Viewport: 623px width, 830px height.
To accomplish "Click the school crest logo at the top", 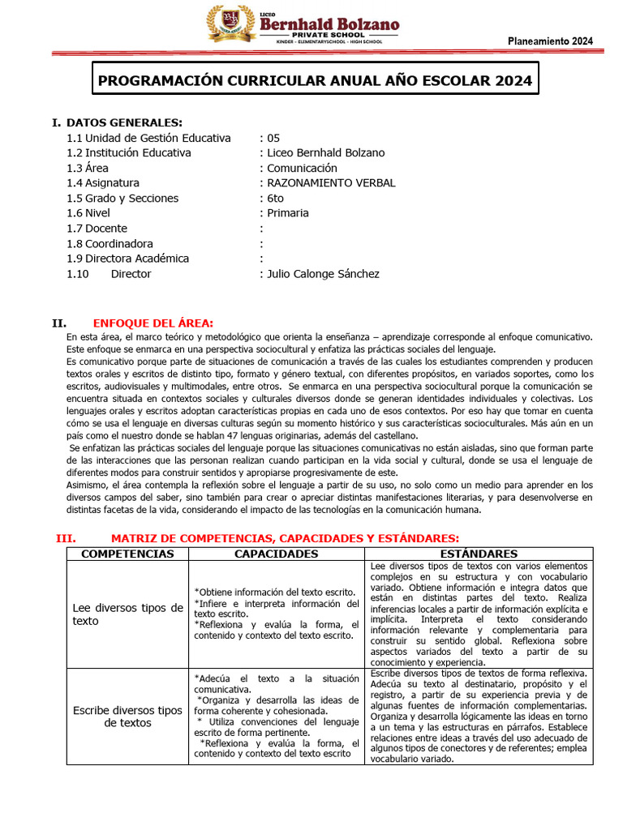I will tap(230, 24).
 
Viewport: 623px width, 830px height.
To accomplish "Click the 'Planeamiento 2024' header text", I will tap(550, 42).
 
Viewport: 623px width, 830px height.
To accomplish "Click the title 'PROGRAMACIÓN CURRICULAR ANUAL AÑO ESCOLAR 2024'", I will tap(315, 81).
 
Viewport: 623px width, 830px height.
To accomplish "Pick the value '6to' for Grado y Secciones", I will tap(276, 198).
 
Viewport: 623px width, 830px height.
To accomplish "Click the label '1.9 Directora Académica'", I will tap(128, 259).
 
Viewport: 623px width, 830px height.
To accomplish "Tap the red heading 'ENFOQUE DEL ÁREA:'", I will tap(153, 323).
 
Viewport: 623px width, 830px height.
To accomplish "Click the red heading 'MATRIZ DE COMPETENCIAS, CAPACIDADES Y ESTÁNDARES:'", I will tap(285, 538).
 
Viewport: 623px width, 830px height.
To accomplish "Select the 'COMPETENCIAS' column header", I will tap(128, 554).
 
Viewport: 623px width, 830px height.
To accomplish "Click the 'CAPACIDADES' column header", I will tap(276, 554).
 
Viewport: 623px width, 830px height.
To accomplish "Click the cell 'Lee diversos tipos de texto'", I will tap(128, 614).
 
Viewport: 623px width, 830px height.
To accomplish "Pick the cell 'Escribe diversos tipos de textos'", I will tap(128, 717).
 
